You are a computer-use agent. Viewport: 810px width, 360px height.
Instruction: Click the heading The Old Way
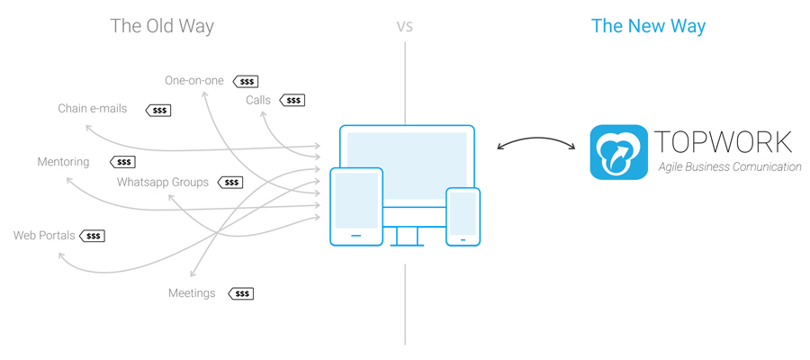[x=162, y=25]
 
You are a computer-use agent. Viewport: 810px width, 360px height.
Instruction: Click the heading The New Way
[x=648, y=25]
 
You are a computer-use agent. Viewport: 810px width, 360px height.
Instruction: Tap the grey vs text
[x=405, y=25]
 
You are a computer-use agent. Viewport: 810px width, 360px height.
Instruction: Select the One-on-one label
[x=194, y=80]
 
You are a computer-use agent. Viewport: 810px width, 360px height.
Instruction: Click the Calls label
[x=258, y=100]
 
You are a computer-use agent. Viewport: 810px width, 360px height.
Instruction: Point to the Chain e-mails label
[x=93, y=109]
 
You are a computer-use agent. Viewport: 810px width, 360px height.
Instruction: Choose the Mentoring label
[x=63, y=162]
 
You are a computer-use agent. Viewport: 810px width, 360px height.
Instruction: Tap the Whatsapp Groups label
[x=163, y=182]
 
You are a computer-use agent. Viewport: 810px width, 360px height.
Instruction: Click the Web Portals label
[x=44, y=236]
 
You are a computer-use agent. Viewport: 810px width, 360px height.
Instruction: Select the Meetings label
[x=192, y=292]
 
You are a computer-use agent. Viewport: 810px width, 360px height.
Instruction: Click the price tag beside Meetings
[x=240, y=293]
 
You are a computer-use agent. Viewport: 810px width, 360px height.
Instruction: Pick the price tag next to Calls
[x=292, y=101]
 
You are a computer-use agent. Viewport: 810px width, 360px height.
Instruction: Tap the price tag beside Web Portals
[x=92, y=236]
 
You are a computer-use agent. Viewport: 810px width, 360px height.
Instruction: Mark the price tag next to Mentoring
[x=122, y=163]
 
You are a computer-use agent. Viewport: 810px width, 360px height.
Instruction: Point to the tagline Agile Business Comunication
[x=730, y=167]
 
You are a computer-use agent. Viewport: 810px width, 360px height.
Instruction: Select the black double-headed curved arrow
[x=536, y=142]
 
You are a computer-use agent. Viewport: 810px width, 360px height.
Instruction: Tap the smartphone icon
[x=463, y=216]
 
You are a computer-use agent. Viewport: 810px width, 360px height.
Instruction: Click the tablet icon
[x=355, y=207]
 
